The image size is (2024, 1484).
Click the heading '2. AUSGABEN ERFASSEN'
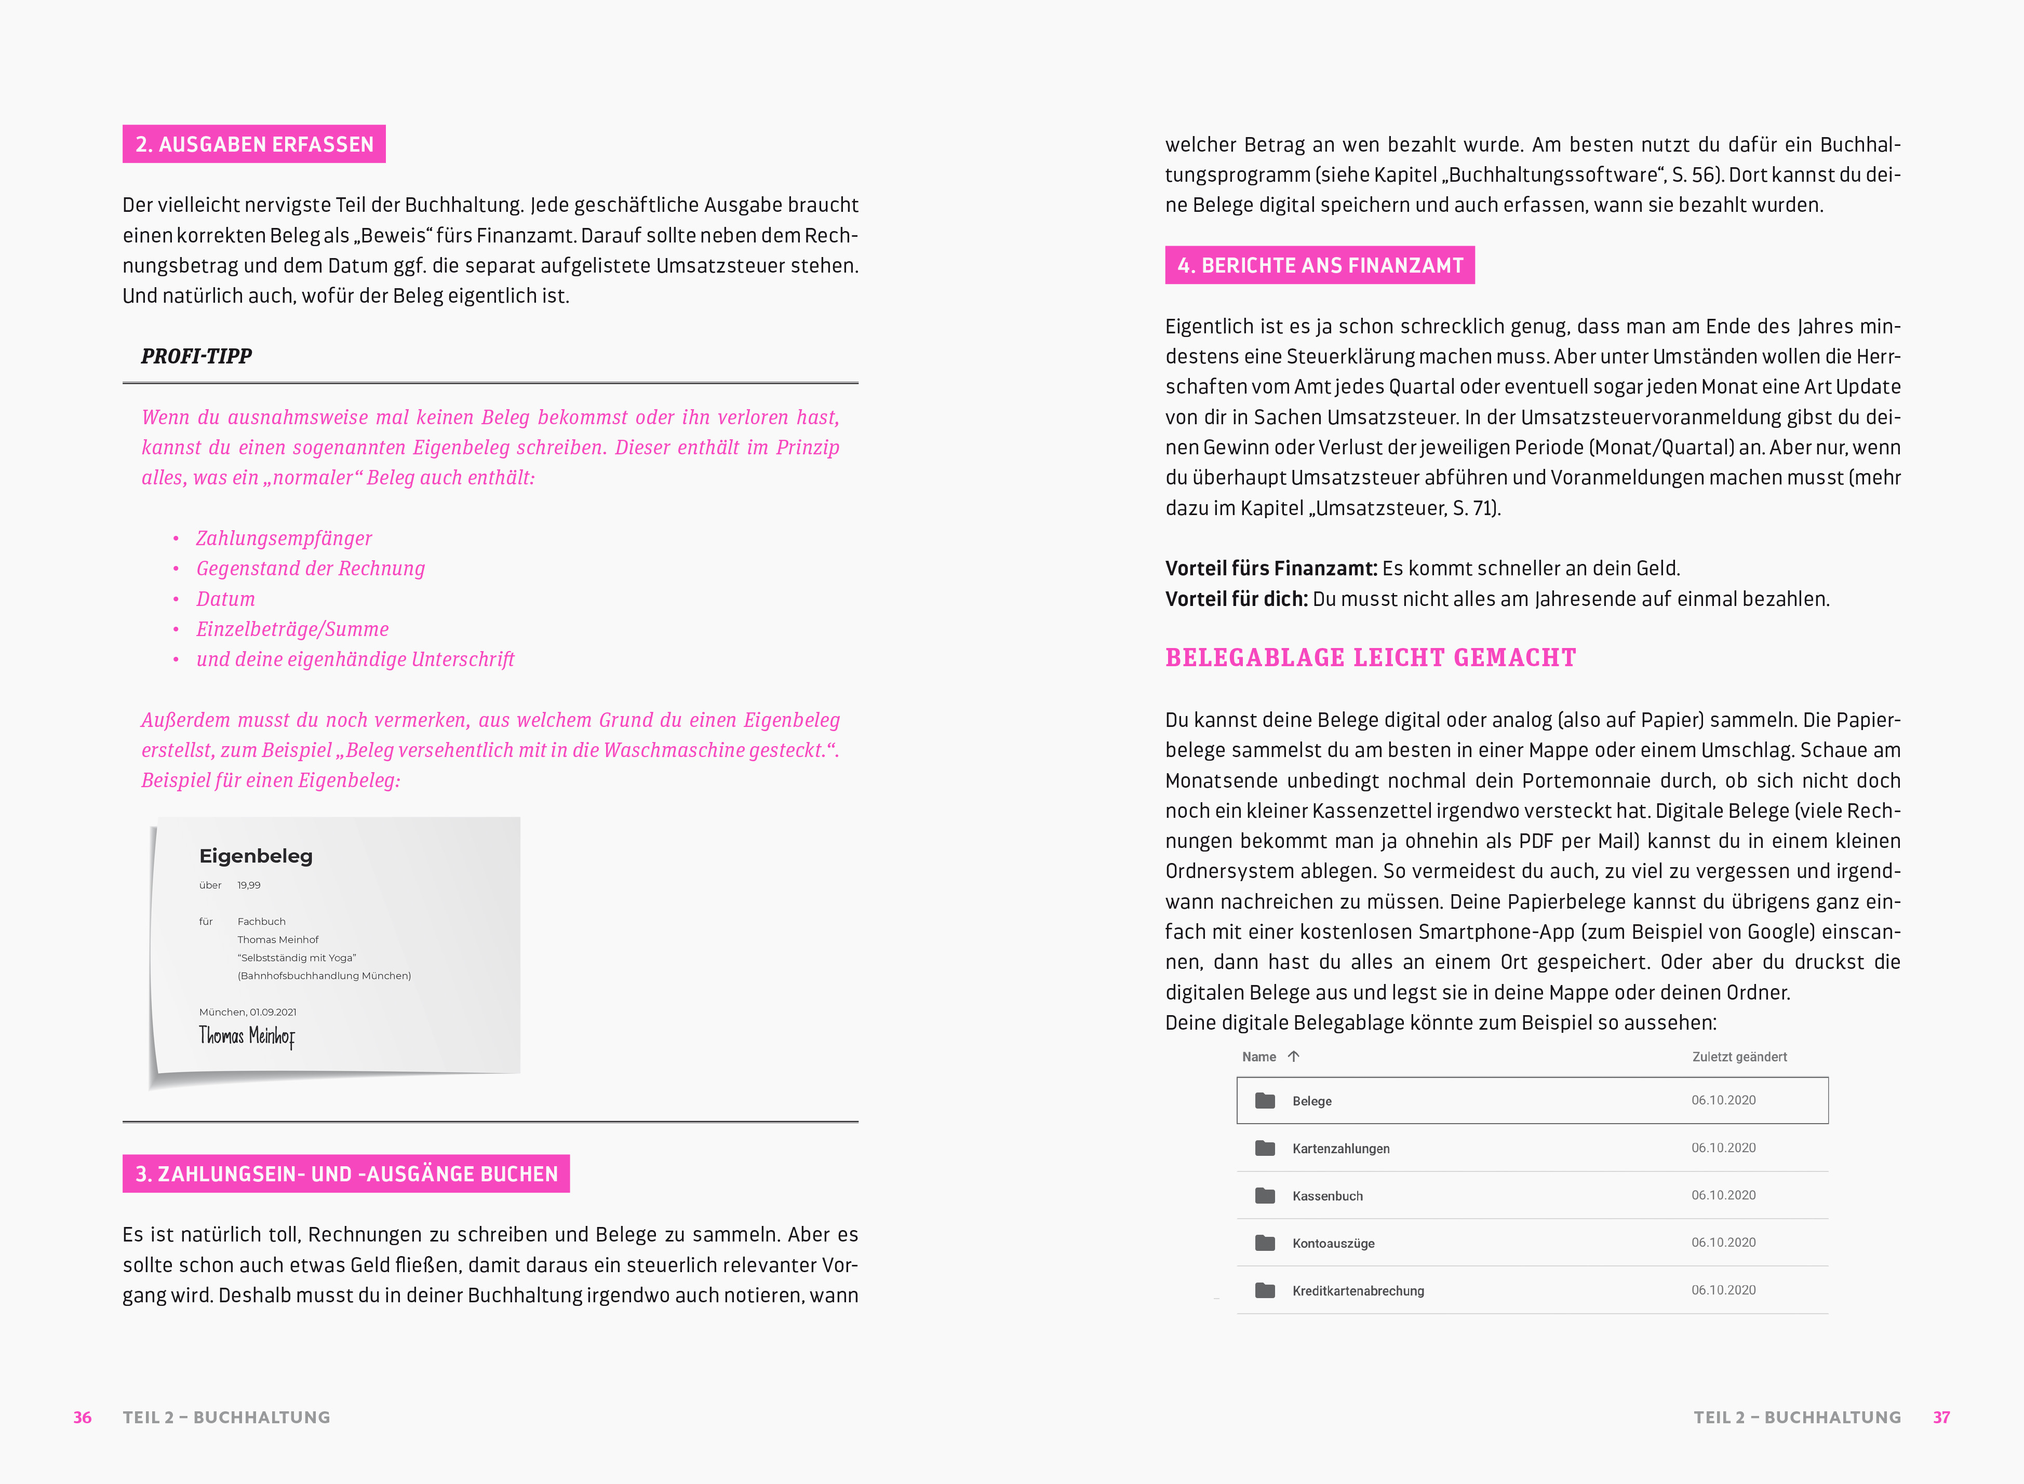[x=254, y=145]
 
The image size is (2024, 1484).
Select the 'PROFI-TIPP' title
[x=197, y=357]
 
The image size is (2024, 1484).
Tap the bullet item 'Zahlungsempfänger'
[x=284, y=538]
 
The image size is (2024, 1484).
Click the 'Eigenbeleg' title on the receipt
[x=256, y=856]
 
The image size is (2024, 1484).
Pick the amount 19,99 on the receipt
[x=249, y=886]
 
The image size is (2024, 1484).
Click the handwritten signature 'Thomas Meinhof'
[x=247, y=1036]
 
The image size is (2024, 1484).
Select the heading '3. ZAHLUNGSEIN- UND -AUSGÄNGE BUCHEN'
[x=346, y=1174]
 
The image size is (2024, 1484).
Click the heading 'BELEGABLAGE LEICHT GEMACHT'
[x=1370, y=657]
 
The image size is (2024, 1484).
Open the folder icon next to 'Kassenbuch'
[x=1265, y=1196]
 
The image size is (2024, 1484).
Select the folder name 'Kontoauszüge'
[x=1333, y=1243]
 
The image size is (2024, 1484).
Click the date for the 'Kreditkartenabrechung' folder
[x=1723, y=1290]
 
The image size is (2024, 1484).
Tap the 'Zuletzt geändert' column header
[x=1739, y=1057]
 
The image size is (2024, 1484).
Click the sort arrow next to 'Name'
[x=1294, y=1057]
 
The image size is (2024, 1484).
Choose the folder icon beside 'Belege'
[x=1265, y=1100]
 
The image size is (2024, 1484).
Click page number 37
[x=1941, y=1418]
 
